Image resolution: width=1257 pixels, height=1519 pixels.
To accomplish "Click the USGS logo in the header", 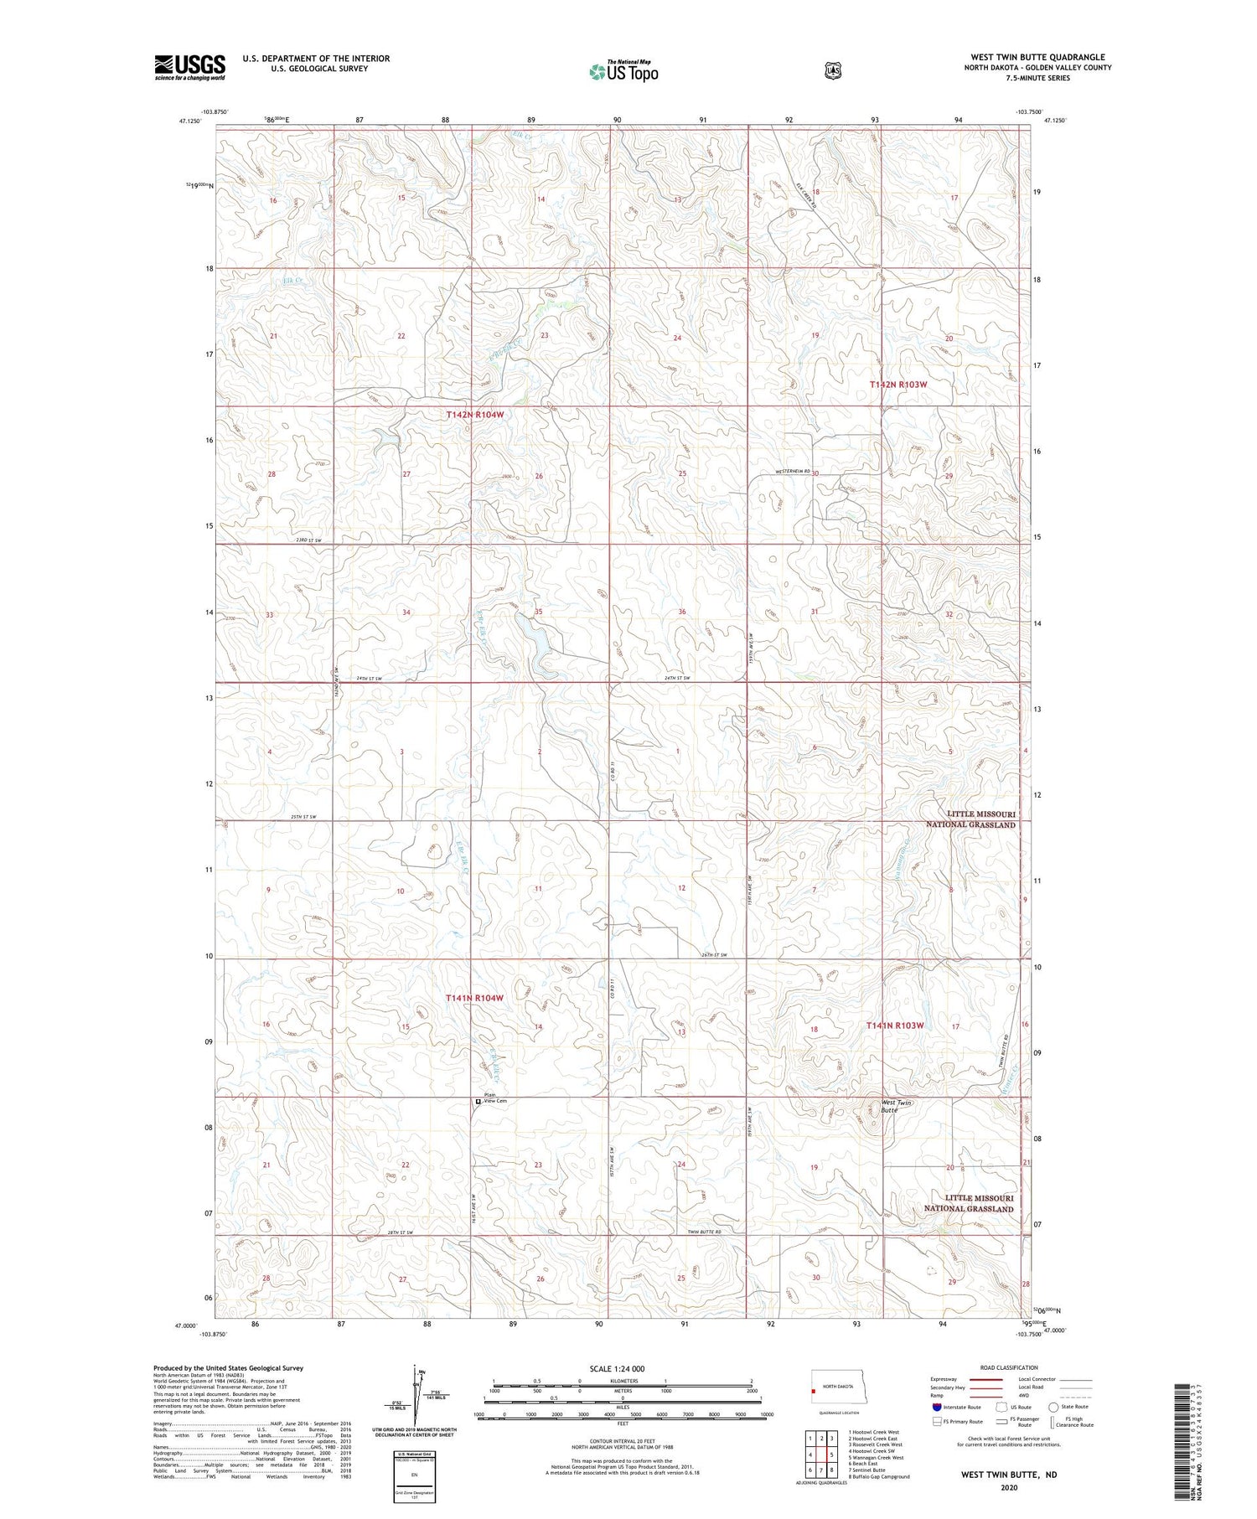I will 190,67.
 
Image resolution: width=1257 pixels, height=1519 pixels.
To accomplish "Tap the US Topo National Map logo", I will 623,71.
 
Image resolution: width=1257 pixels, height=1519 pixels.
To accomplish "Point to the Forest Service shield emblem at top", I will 832,71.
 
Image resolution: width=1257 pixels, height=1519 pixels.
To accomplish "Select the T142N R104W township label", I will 475,415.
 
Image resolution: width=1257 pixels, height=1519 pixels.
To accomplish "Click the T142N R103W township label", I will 898,385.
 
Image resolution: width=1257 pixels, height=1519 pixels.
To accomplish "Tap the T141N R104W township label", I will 474,998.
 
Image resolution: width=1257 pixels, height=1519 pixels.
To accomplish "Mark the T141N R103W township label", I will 895,1026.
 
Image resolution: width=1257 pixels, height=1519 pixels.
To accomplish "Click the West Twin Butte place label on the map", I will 896,1106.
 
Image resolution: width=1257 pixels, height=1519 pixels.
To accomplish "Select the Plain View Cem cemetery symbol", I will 478,1102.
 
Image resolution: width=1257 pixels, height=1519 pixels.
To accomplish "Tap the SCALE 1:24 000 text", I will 617,1368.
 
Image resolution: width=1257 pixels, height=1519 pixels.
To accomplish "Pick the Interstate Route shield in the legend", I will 937,1407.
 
